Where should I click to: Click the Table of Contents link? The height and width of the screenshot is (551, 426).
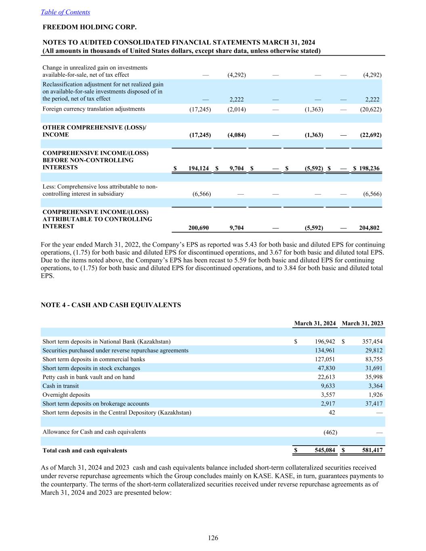(65, 12)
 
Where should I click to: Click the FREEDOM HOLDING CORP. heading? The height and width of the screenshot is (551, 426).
(90, 27)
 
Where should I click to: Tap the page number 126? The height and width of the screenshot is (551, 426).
(213, 538)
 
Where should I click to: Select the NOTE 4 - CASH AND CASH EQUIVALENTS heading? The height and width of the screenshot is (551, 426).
(111, 305)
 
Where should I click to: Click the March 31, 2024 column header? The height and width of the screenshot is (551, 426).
(315, 323)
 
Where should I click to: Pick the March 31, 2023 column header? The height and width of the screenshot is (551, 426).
(362, 323)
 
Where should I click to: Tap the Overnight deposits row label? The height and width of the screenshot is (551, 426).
(66, 395)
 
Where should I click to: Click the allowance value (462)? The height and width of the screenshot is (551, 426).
(330, 432)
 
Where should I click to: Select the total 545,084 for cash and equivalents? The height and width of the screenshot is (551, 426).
(325, 450)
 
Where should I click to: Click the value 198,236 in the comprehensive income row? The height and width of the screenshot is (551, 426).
(369, 168)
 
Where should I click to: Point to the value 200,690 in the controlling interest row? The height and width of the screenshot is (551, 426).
(199, 228)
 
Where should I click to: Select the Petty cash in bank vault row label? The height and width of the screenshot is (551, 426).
(88, 377)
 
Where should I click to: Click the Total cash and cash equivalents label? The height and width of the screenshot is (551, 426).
(85, 450)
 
